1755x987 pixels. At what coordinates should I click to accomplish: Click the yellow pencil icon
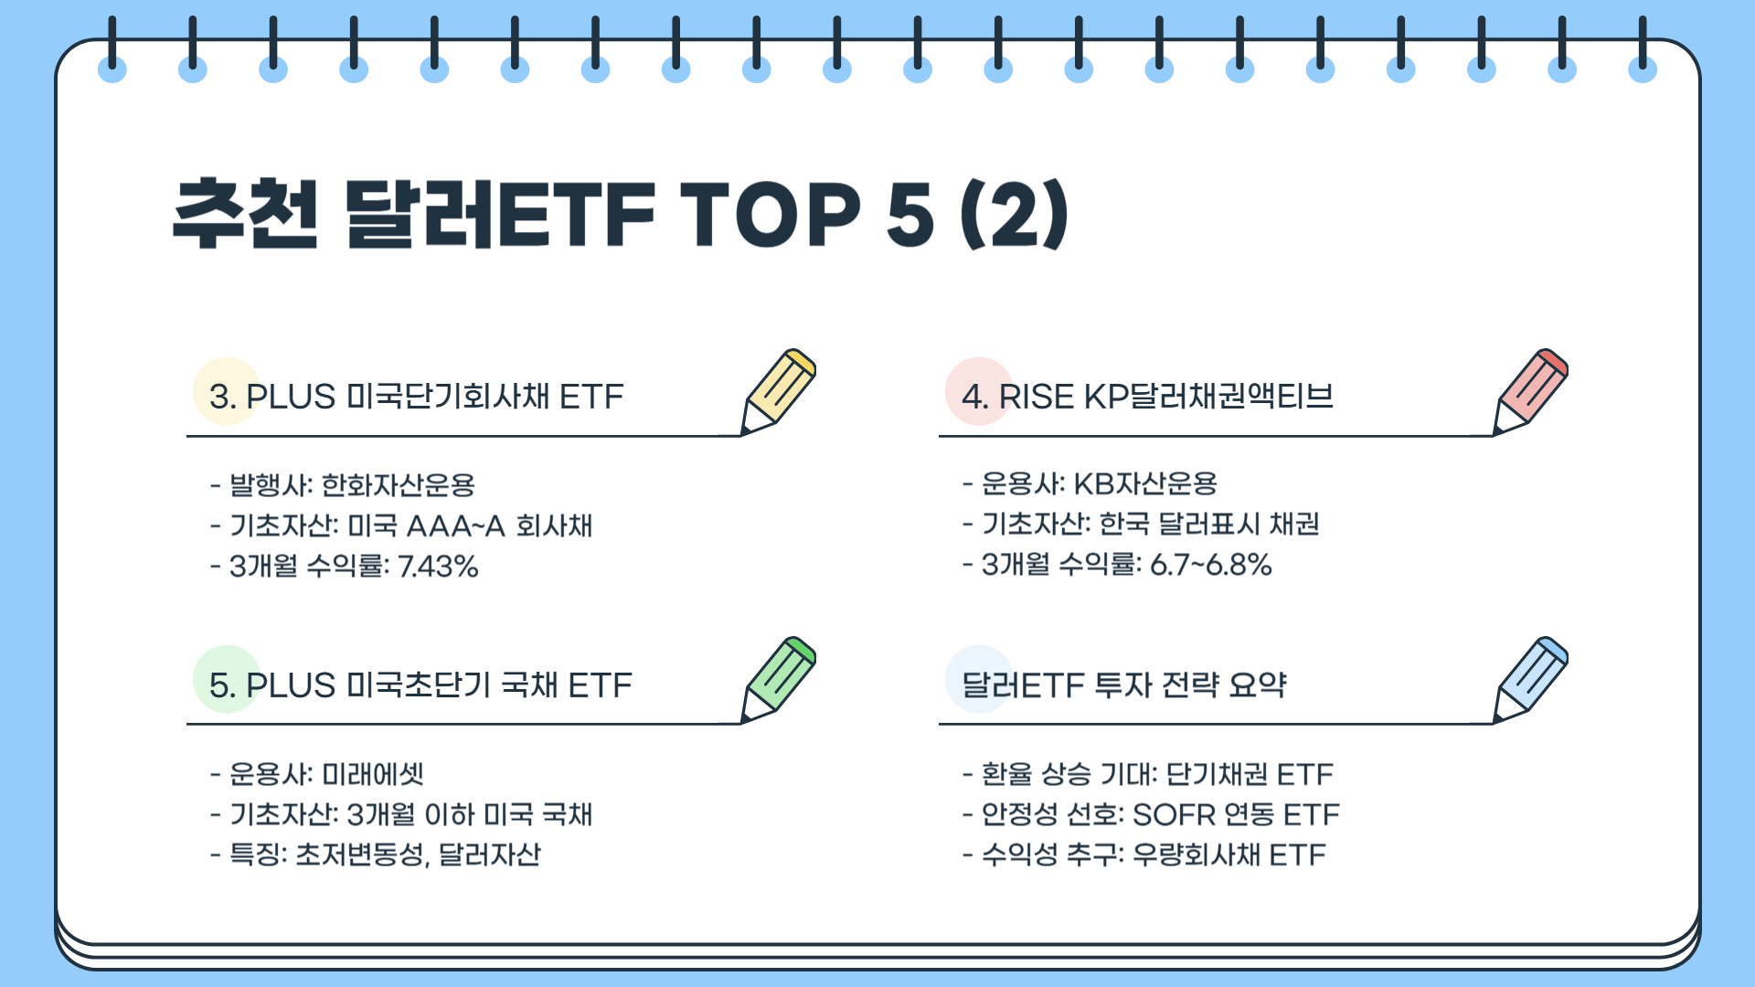779,391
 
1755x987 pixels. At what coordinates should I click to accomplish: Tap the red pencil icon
1531,391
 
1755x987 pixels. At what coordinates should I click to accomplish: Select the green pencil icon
779,680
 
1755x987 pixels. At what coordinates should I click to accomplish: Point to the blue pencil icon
1531,680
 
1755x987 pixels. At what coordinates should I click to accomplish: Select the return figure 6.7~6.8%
1210,565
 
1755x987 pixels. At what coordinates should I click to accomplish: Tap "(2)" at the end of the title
1014,215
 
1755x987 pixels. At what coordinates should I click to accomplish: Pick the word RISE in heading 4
1036,397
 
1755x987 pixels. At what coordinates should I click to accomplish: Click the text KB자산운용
1144,483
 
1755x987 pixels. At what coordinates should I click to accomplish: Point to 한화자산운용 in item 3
399,485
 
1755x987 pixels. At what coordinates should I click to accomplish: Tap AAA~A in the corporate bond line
455,526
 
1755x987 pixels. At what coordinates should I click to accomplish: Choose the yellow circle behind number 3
227,391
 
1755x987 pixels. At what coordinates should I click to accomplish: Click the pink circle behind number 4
979,391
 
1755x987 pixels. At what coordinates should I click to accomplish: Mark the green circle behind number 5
227,679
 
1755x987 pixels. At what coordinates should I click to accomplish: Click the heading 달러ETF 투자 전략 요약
1124,685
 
